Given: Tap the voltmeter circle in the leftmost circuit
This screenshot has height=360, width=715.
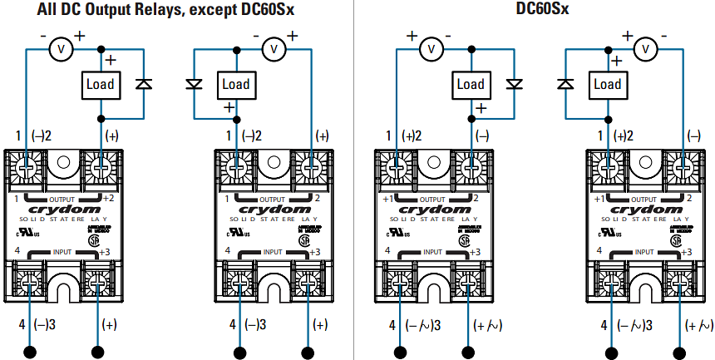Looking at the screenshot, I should tap(59, 50).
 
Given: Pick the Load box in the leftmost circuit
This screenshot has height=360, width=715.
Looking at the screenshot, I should tap(101, 84).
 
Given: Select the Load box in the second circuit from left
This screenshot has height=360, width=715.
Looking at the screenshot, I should tap(236, 84).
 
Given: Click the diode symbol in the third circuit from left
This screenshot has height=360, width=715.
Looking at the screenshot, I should tap(515, 84).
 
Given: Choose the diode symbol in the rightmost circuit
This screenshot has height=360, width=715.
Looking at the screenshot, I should tap(566, 84).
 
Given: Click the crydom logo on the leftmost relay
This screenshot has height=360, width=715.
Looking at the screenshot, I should tap(65, 210).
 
